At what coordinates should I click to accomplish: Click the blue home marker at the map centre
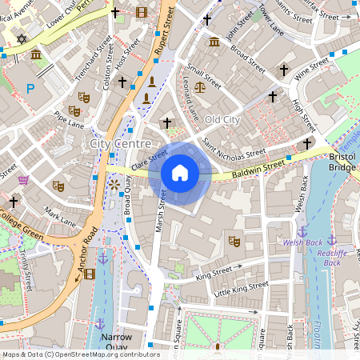[x=180, y=173]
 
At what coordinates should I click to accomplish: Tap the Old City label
[x=222, y=119]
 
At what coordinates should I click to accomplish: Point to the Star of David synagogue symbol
[x=22, y=38]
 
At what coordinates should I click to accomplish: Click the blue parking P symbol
[x=30, y=89]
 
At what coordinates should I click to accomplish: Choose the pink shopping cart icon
[x=24, y=179]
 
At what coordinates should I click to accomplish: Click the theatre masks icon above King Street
[x=234, y=240]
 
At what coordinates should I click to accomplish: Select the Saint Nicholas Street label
[x=234, y=148]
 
